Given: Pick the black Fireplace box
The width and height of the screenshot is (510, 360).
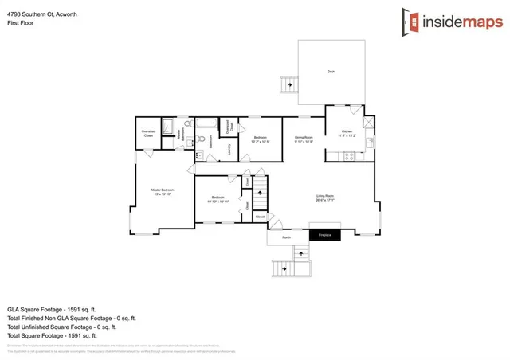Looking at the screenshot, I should coord(325,235).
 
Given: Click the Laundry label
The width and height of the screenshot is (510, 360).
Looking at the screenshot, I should coord(229,149).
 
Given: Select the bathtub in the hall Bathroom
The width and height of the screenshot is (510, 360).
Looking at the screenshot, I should coord(206,123).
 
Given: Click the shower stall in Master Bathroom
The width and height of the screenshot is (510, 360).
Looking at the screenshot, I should coord(168,125).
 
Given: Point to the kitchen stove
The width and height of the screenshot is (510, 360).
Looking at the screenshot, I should coord(348,155).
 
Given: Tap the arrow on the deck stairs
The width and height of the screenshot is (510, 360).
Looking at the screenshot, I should coord(288,84).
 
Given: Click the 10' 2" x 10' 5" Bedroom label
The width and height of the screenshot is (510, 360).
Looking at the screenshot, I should coord(261,139).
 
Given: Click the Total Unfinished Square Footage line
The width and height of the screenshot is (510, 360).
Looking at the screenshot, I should coord(61,327).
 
